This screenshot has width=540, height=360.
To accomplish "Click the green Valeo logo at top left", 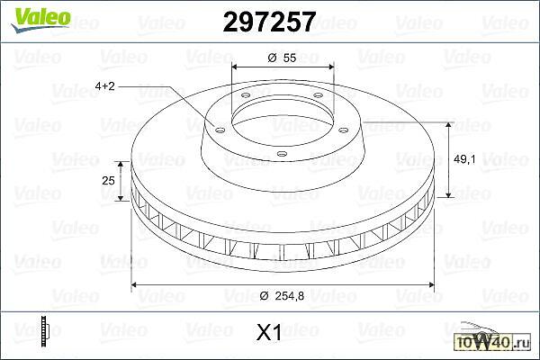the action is click(40, 20).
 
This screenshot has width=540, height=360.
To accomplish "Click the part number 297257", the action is click(269, 22).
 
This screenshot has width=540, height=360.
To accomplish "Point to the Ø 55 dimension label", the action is click(282, 58).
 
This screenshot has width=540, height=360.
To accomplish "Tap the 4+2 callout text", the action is click(104, 85).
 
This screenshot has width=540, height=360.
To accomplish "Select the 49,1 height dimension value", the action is click(464, 159).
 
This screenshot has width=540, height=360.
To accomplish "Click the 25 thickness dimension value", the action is click(108, 180).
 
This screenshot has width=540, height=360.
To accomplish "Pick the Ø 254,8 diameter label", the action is click(283, 295).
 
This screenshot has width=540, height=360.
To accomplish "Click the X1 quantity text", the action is click(269, 333).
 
